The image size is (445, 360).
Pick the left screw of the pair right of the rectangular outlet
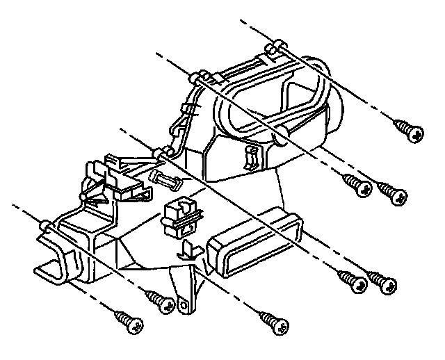coord(351,280)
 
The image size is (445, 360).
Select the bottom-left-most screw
coord(128,321)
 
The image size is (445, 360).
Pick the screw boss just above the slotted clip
coord(161,153)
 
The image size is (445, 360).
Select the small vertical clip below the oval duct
coord(251,158)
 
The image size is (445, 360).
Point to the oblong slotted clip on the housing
coord(166,180)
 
